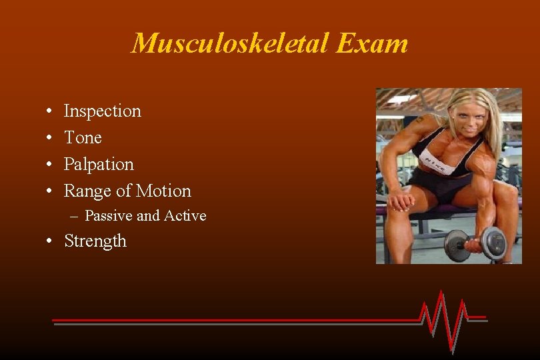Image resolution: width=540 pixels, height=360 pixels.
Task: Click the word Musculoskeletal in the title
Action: coord(231,44)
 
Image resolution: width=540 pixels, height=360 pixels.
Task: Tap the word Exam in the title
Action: coord(372,44)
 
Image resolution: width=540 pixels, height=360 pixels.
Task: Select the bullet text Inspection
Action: coord(102,111)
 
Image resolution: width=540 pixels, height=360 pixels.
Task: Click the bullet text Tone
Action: coord(83,137)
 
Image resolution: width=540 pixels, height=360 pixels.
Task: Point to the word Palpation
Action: coord(99,164)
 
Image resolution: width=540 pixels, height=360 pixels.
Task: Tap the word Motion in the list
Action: coord(163,191)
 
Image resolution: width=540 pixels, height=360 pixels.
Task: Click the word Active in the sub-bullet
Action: coord(185,215)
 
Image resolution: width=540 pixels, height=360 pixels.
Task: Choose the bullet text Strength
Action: coord(95,241)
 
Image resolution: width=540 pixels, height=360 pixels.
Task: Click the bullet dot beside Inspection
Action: coord(51,111)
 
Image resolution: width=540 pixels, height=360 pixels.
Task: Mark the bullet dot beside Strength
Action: coord(51,241)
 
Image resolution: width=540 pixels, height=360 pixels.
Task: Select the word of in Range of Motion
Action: coord(123,191)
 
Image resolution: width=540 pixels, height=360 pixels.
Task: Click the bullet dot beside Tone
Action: coord(51,138)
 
